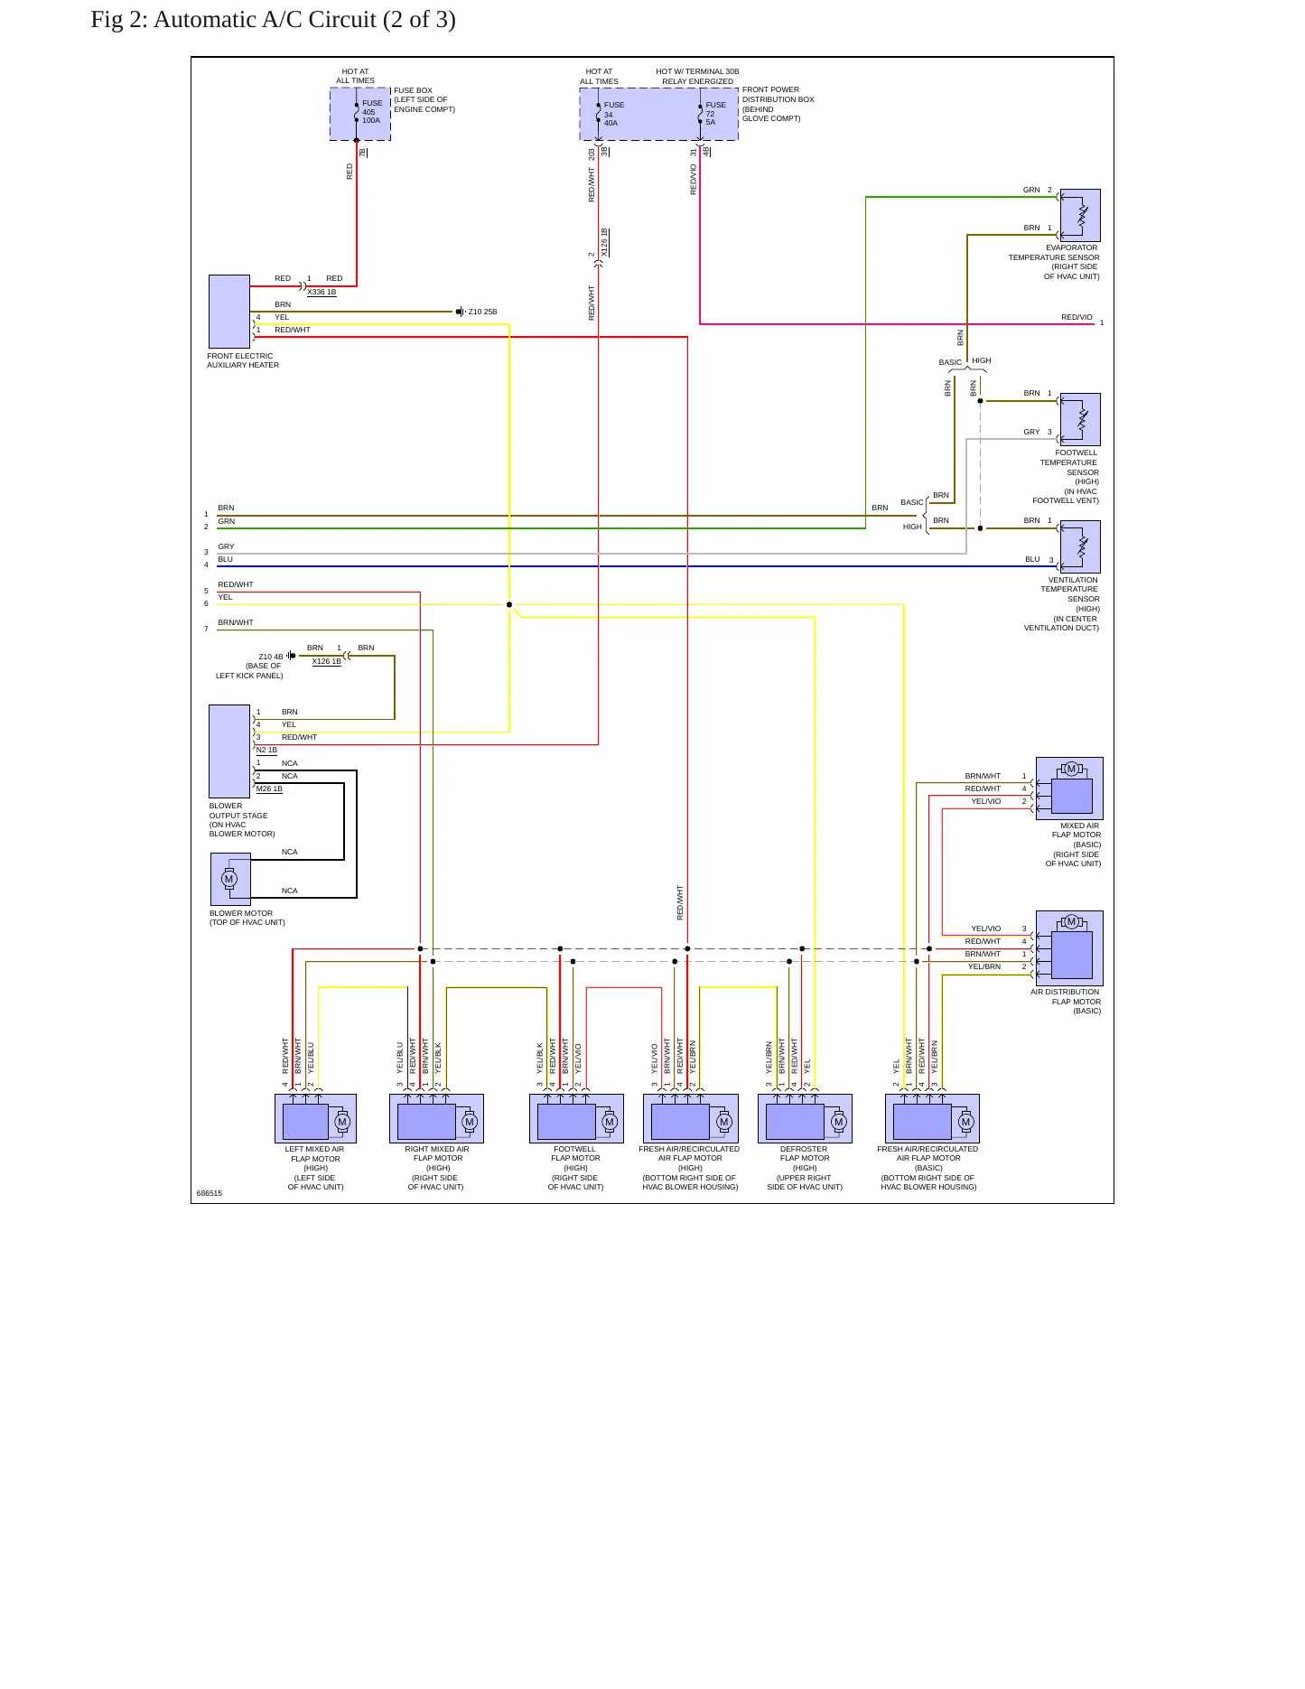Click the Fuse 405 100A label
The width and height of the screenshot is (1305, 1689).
(371, 111)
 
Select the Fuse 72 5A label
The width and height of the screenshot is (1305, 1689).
(715, 113)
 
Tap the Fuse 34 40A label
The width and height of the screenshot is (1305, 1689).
(614, 113)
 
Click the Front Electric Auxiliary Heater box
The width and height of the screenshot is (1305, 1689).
(229, 312)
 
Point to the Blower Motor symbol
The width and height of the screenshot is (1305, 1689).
(230, 879)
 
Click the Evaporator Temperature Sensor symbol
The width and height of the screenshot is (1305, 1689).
(1080, 215)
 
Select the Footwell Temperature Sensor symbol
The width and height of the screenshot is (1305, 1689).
(1080, 419)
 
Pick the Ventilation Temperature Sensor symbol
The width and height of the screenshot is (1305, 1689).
(1080, 546)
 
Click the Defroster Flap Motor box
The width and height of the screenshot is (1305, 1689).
(805, 1118)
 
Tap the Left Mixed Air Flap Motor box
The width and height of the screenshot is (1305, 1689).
(315, 1118)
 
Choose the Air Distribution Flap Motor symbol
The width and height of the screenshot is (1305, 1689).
(1069, 947)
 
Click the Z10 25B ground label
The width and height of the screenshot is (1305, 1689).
(482, 312)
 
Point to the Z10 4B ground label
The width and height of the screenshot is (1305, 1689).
(270, 657)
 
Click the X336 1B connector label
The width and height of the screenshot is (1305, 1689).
(322, 292)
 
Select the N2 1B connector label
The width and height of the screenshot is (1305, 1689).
(266, 750)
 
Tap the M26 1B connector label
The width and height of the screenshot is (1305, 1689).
(269, 789)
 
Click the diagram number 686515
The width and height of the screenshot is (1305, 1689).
(210, 1193)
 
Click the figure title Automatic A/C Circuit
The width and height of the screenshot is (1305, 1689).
(304, 19)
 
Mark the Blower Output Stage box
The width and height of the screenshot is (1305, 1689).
(229, 751)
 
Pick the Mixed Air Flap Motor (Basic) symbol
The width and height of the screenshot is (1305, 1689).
(1069, 789)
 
